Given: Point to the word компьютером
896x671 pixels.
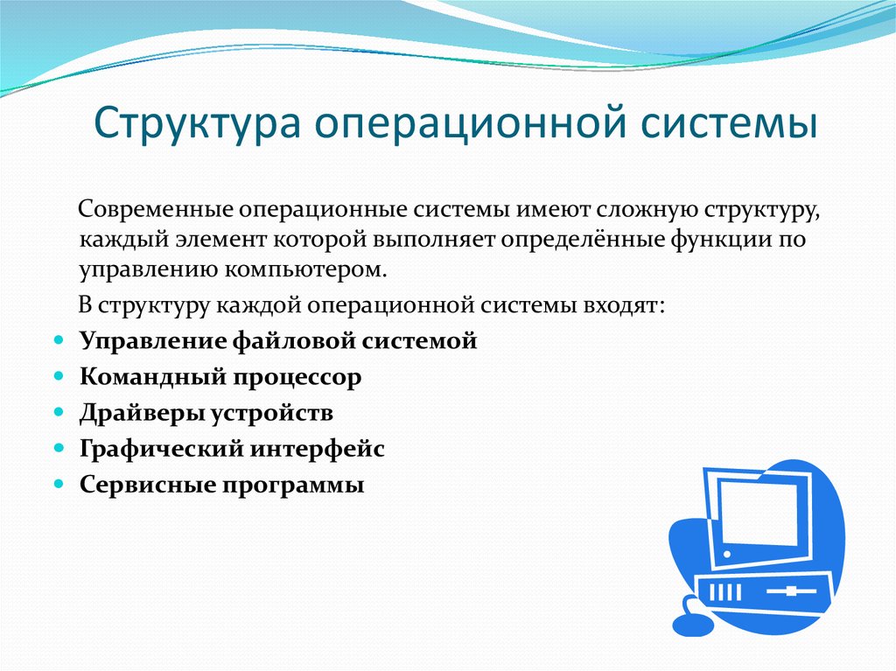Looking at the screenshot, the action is (305, 269).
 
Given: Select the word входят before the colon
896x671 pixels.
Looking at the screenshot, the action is (620, 306).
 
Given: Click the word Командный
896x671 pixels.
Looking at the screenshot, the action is (152, 377).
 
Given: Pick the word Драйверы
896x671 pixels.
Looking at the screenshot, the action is (141, 413).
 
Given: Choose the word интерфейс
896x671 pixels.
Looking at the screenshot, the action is (317, 450).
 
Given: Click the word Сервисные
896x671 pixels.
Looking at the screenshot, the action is (147, 486).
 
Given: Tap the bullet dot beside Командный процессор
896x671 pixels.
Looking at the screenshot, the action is (59, 376).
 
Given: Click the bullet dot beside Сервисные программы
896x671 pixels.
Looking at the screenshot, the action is (59, 484).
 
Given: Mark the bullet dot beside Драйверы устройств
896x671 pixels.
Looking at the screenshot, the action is (59, 411).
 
